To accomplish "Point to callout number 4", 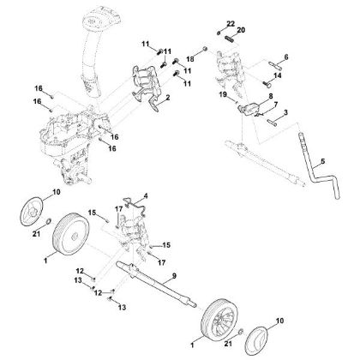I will [147, 196].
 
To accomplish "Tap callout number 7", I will [275, 105].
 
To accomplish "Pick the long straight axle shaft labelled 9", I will [163, 281].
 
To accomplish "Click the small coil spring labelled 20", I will [230, 37].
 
